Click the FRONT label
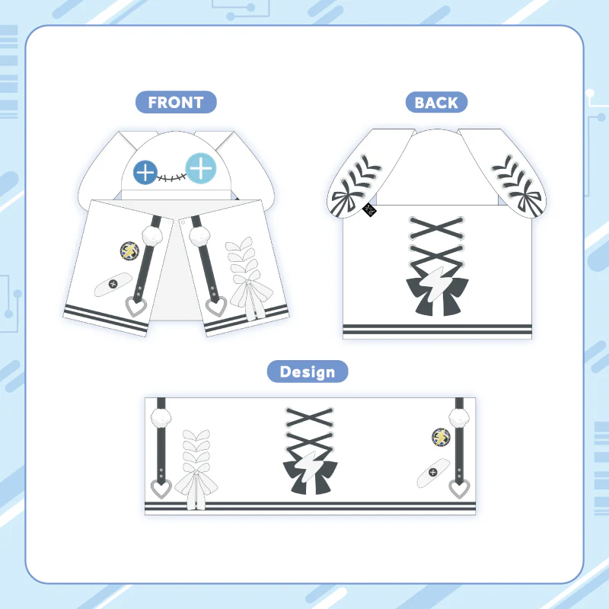click(x=176, y=102)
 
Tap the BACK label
click(x=436, y=103)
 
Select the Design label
click(x=308, y=371)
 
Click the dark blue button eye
click(x=145, y=172)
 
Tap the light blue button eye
click(x=201, y=168)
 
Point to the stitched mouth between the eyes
click(x=171, y=177)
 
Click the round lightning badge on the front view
click(x=129, y=250)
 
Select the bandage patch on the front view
click(x=113, y=284)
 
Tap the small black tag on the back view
click(x=369, y=210)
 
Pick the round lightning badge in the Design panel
click(x=441, y=437)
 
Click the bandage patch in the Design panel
click(x=433, y=473)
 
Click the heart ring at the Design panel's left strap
click(x=161, y=489)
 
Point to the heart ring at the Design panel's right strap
click(x=460, y=489)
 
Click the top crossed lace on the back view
click(x=437, y=228)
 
